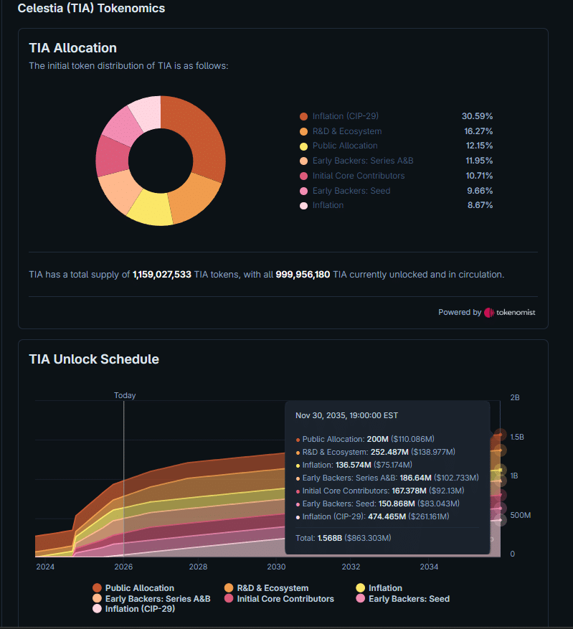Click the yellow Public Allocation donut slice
pyautogui.click(x=151, y=209)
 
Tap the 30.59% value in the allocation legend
pyautogui.click(x=477, y=116)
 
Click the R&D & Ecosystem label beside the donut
pyautogui.click(x=347, y=131)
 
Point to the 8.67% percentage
pyautogui.click(x=480, y=205)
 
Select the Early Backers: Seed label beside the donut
pyautogui.click(x=351, y=191)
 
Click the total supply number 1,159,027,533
pyautogui.click(x=162, y=275)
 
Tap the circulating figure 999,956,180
pyautogui.click(x=303, y=275)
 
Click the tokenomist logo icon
pyautogui.click(x=489, y=313)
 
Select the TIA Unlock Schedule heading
pyautogui.click(x=94, y=359)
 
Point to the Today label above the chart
pyautogui.click(x=125, y=395)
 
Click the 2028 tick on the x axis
pyautogui.click(x=198, y=567)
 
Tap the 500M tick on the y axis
pyautogui.click(x=521, y=515)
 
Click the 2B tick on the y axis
pyautogui.click(x=515, y=397)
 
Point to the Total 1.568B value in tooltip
pyautogui.click(x=330, y=538)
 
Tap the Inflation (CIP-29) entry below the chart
pyautogui.click(x=134, y=609)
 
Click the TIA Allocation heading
pyautogui.click(x=73, y=48)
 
